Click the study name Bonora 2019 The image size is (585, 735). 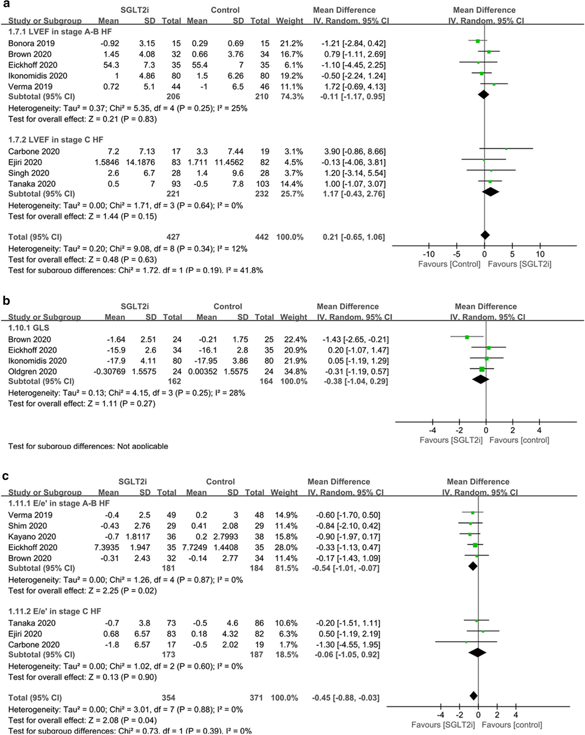click(x=31, y=43)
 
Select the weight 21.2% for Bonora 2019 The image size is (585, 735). click(x=289, y=43)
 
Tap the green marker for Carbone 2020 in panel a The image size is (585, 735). click(x=506, y=149)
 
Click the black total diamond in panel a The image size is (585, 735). click(x=485, y=235)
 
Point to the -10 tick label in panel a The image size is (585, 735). click(x=429, y=254)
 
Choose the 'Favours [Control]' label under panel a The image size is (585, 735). click(x=449, y=264)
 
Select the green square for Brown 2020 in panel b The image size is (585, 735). click(x=467, y=337)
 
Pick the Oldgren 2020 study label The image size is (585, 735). click(x=32, y=371)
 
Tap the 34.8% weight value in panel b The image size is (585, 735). click(x=294, y=371)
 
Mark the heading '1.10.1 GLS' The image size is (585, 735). click(x=29, y=328)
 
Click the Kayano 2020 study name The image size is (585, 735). click(x=32, y=536)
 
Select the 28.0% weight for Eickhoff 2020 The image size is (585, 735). click(x=284, y=548)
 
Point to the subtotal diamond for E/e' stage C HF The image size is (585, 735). click(x=477, y=653)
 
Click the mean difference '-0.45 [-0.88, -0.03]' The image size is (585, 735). click(x=345, y=698)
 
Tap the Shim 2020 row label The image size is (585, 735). click(x=27, y=526)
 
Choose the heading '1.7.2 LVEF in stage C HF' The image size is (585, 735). click(x=56, y=140)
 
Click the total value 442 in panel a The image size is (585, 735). click(x=262, y=237)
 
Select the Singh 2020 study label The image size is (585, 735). click(x=29, y=173)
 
